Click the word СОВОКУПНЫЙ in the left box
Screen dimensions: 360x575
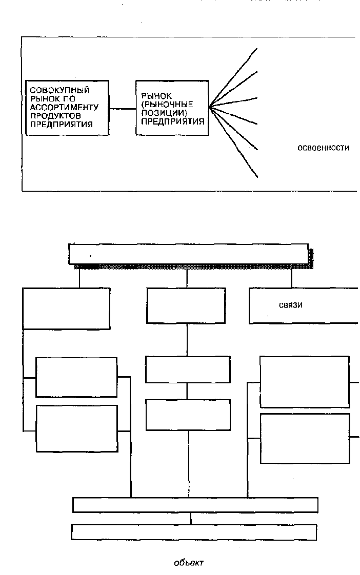[59, 90]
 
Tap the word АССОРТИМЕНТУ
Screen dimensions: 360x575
[64, 107]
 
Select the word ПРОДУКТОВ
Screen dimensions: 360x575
[55, 115]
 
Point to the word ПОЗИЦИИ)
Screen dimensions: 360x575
[164, 113]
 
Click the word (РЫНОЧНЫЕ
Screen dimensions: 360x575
[167, 105]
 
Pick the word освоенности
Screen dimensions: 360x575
[323, 148]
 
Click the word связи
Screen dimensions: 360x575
[291, 305]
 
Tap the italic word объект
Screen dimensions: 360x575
[189, 562]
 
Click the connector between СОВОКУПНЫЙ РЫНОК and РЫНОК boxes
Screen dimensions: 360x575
[122, 108]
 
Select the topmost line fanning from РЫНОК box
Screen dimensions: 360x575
[233, 78]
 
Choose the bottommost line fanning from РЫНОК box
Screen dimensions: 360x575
[233, 142]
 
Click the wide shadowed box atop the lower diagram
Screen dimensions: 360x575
[188, 254]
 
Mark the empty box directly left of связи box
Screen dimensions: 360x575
[186, 305]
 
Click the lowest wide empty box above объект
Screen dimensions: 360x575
[194, 532]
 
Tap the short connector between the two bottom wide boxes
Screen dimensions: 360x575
[191, 519]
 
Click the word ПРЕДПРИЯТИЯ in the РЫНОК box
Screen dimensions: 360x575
[173, 121]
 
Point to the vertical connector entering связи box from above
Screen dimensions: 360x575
[291, 278]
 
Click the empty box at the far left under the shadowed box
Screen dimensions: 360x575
[67, 309]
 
